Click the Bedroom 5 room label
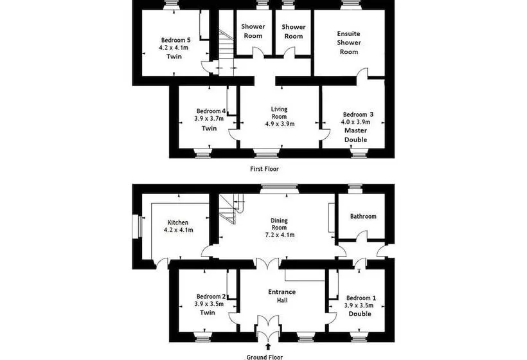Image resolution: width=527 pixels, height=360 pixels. click(176, 40)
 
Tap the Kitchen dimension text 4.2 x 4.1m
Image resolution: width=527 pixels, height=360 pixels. click(178, 230)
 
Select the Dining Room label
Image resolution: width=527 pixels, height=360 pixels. click(280, 224)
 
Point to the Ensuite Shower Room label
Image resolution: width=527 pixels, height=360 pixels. click(349, 42)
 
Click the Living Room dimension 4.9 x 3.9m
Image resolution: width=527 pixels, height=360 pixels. click(280, 123)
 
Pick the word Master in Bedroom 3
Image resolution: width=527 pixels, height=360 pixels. click(356, 130)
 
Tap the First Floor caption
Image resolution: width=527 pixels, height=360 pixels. click(264, 168)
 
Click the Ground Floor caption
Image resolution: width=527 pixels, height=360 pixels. click(265, 357)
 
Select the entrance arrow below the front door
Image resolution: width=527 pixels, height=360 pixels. click(268, 347)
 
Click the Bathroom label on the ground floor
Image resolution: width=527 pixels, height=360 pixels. click(363, 216)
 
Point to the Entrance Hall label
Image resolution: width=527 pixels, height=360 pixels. click(282, 296)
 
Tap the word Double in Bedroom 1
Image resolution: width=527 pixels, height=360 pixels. click(360, 314)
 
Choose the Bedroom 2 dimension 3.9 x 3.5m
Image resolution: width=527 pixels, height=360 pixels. click(209, 304)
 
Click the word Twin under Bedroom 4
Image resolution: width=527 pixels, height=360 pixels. click(209, 129)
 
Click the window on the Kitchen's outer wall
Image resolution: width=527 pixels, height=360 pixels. click(138, 227)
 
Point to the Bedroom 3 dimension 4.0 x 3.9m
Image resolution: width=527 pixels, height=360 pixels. click(355, 122)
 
